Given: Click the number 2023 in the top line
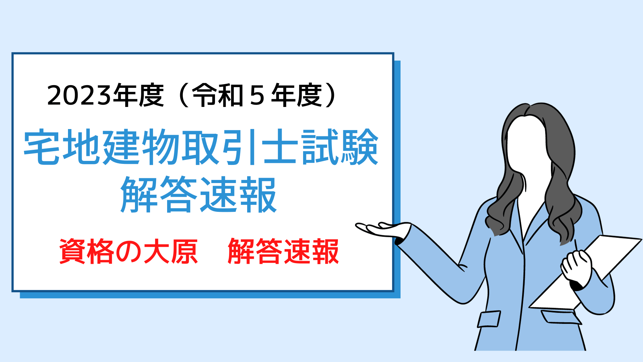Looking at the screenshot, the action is click(79, 96).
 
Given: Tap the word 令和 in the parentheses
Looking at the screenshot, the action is click(218, 96).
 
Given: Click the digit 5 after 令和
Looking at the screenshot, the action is click(257, 96).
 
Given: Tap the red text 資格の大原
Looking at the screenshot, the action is click(129, 251).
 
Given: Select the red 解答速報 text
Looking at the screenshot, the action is click(283, 251).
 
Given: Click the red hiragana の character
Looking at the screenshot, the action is click(129, 252).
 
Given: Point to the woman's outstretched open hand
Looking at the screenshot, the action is click(382, 229).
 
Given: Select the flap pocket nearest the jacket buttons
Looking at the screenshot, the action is click(489, 319).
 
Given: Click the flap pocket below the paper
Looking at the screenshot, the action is click(561, 317).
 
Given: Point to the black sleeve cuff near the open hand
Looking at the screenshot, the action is click(400, 240).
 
